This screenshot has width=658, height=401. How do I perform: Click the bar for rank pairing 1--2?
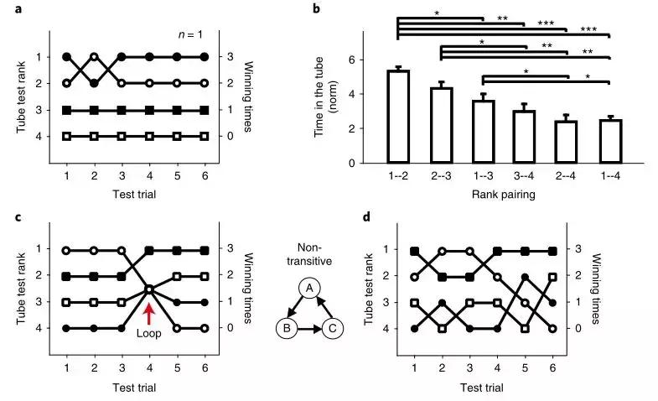(398, 117)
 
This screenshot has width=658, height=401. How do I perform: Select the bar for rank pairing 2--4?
(567, 141)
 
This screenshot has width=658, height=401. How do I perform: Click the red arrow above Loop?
(149, 313)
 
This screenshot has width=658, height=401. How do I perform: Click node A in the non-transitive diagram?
(308, 288)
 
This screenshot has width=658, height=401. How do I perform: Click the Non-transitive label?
(308, 255)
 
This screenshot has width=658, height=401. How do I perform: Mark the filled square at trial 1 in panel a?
(67, 110)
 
